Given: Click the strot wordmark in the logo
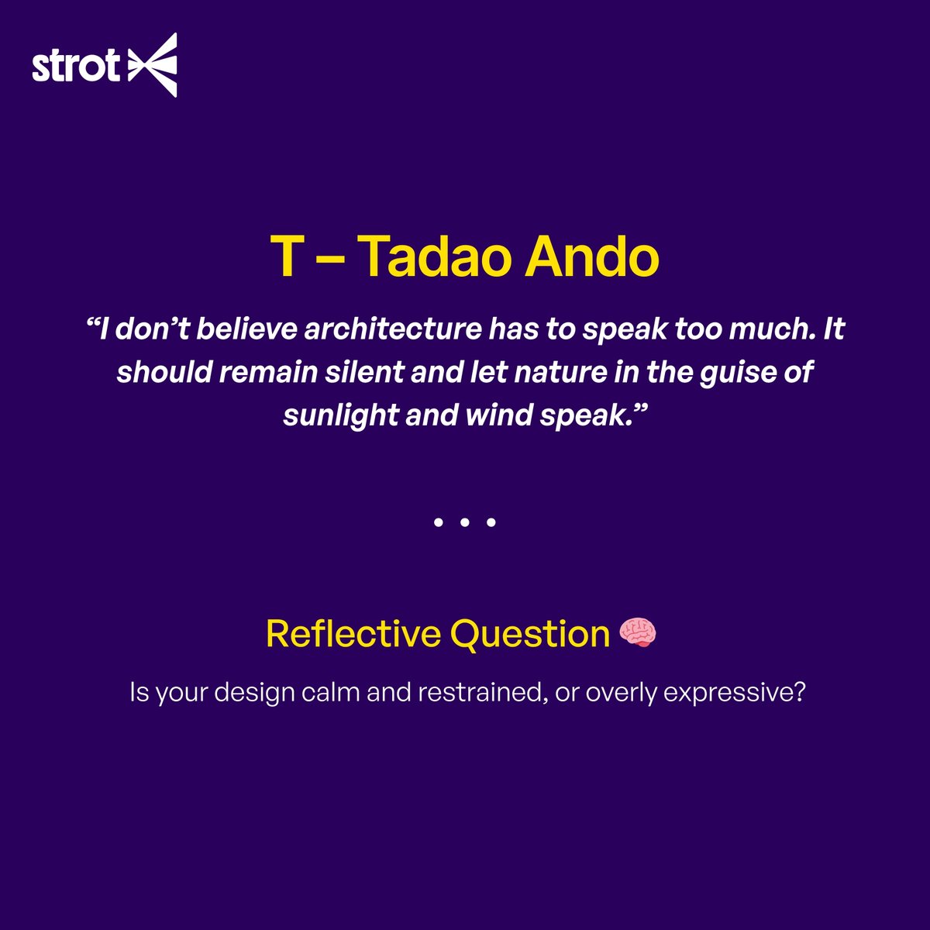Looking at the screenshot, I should [75, 67].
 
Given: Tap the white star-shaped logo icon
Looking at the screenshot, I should [153, 65].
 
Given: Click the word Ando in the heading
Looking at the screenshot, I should [592, 257].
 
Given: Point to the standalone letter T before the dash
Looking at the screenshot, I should [284, 257].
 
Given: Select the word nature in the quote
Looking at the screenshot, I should [572, 372].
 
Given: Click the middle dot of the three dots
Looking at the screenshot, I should [464, 523].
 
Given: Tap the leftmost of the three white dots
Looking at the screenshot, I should [438, 523].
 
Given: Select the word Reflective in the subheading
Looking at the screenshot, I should [353, 633].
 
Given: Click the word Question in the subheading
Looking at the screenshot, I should [530, 634].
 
